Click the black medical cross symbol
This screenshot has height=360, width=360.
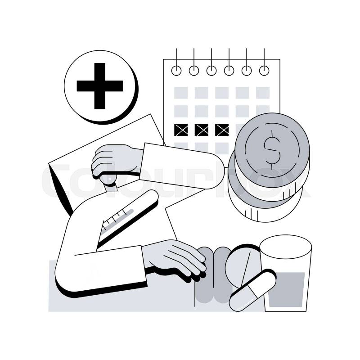pyautogui.click(x=99, y=86)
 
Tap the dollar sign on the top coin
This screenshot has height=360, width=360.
pyautogui.click(x=272, y=150)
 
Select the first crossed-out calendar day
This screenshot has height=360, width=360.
pyautogui.click(x=181, y=130)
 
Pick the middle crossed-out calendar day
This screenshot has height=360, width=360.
pyautogui.click(x=201, y=130)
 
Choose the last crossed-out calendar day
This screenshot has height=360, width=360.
pyautogui.click(x=222, y=130)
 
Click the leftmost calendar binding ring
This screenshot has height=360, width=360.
pyautogui.click(x=176, y=71)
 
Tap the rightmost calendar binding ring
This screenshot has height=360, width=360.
pyautogui.click(x=264, y=71)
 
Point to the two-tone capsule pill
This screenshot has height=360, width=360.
pyautogui.click(x=253, y=291)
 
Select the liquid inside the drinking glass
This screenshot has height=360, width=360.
pyautogui.click(x=286, y=289)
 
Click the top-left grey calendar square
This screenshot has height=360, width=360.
pyautogui.click(x=181, y=93)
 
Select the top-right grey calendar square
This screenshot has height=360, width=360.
pyautogui.click(x=263, y=93)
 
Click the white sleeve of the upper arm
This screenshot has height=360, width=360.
pyautogui.click(x=181, y=166)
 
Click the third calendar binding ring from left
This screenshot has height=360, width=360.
pyautogui.click(x=211, y=71)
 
